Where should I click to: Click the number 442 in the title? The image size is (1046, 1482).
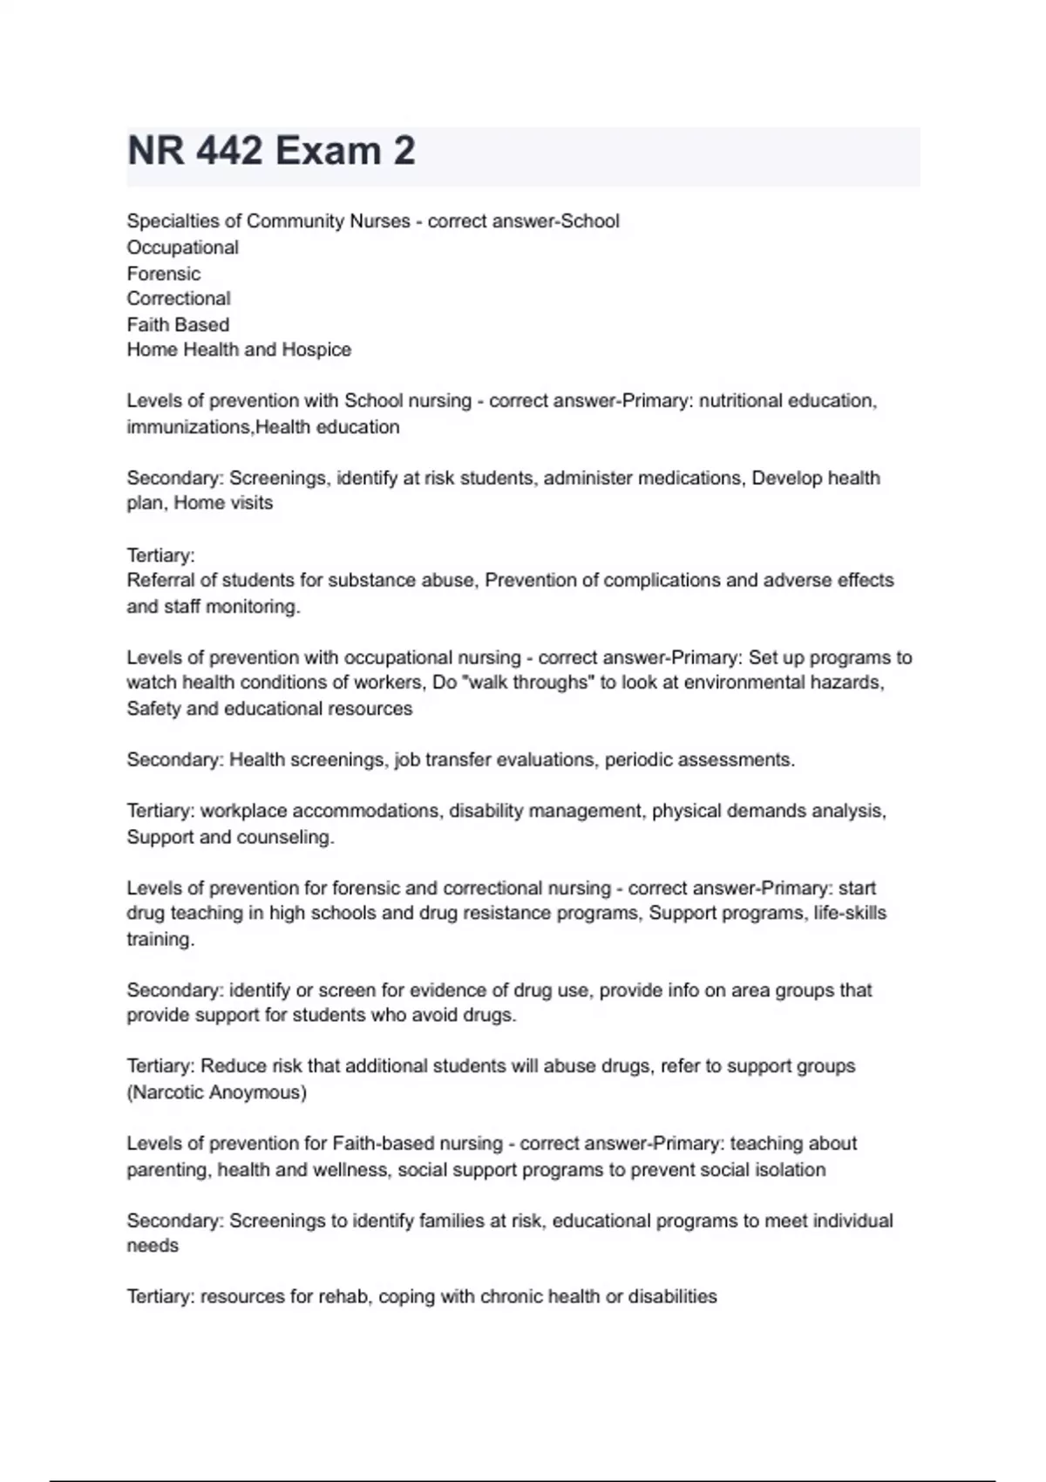click(x=230, y=152)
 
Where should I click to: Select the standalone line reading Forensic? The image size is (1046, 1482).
click(x=164, y=274)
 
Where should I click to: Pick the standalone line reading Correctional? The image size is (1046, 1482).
click(x=179, y=299)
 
